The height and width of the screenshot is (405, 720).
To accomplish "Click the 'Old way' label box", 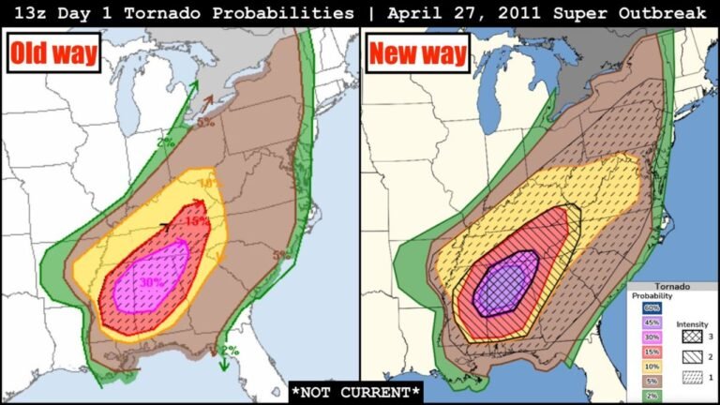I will pos(55,53).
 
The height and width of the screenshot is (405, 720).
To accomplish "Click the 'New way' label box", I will pos(418,53).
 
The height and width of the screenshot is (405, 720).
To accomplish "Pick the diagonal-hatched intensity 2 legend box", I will pos(688,357).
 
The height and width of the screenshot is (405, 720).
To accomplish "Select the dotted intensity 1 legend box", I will pos(688,378).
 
